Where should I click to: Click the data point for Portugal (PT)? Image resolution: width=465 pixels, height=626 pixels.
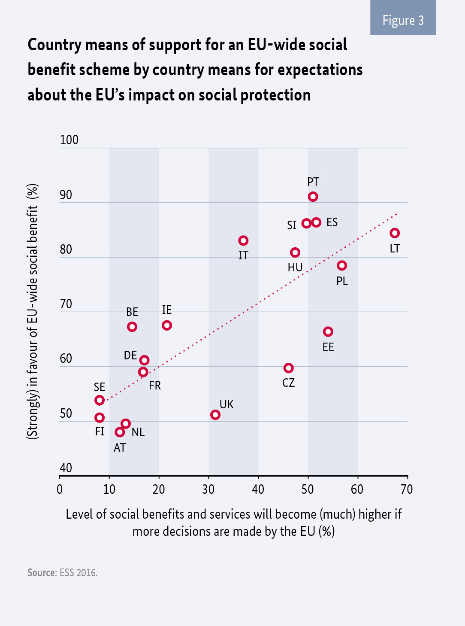click(x=313, y=197)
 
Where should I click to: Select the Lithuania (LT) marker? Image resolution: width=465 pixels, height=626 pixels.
click(x=395, y=233)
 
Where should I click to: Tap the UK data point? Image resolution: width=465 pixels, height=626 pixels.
click(x=215, y=415)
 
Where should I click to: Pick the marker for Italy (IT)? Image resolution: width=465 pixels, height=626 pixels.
click(x=243, y=240)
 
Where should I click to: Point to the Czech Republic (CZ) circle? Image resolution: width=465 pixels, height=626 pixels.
click(x=289, y=368)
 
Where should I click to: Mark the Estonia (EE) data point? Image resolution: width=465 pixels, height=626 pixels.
click(x=328, y=331)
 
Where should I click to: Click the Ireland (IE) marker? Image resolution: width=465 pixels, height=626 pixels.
click(x=167, y=325)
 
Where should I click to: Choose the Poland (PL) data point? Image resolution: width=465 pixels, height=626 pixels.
click(x=342, y=266)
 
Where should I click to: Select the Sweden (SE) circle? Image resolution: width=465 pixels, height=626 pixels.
click(x=100, y=400)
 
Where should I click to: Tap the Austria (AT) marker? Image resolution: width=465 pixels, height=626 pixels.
click(x=120, y=432)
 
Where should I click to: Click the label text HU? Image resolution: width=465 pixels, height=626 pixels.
click(x=295, y=267)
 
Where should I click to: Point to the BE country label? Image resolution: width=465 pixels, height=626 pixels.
click(x=132, y=312)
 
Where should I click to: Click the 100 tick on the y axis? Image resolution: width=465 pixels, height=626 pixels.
click(x=69, y=140)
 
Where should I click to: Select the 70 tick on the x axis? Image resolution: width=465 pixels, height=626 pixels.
click(x=407, y=489)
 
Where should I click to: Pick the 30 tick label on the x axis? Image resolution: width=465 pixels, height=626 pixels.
click(x=208, y=489)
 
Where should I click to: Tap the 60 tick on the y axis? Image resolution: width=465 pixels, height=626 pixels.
click(x=66, y=359)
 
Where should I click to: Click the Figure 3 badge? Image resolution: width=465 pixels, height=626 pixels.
click(x=403, y=20)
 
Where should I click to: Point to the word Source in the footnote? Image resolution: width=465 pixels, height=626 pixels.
click(x=42, y=573)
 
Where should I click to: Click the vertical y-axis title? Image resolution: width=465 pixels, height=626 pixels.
click(x=33, y=311)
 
